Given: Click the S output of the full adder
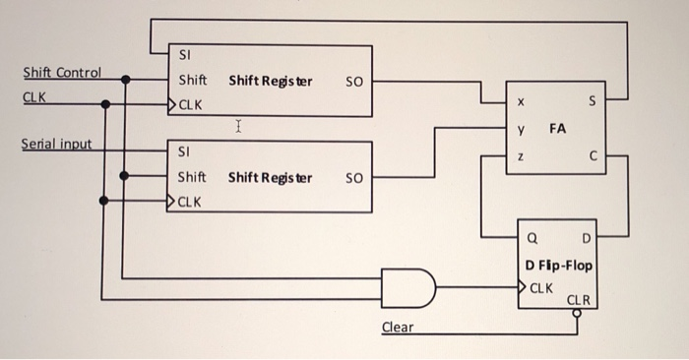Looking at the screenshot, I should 591,99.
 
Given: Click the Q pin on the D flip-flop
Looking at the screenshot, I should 532,238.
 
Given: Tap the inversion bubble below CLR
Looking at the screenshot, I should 578,314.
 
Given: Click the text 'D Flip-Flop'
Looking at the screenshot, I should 559,266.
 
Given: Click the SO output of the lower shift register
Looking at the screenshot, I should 353,178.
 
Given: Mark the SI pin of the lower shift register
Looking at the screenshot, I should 184,153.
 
